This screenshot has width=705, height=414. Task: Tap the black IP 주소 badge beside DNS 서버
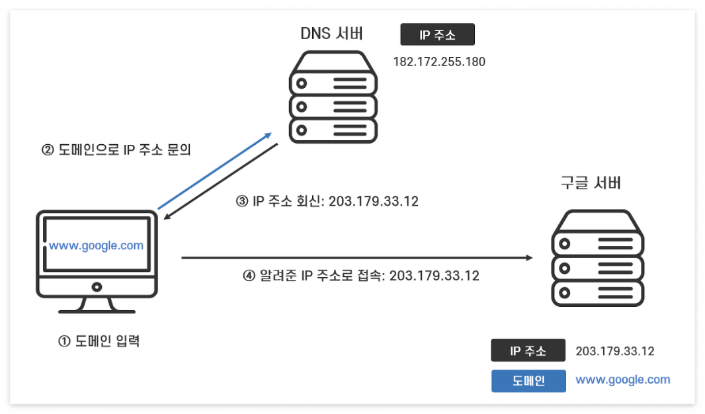click(437, 34)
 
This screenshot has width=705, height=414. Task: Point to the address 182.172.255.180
click(439, 62)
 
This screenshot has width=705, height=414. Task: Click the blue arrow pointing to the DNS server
click(215, 170)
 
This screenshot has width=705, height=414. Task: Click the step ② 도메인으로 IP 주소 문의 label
click(116, 150)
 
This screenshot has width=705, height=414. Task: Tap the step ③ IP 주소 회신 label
click(327, 201)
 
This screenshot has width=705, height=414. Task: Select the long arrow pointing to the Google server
click(357, 257)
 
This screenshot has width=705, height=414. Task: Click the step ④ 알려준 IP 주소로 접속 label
click(361, 276)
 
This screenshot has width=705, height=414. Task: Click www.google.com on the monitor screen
click(97, 245)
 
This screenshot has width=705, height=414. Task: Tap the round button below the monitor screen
click(97, 287)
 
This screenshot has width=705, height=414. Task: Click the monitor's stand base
click(97, 310)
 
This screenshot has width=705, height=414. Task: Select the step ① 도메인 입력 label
click(99, 342)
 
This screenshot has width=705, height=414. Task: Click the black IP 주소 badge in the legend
click(528, 351)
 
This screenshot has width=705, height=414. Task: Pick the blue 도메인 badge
click(528, 381)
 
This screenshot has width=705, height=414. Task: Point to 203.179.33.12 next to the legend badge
click(615, 351)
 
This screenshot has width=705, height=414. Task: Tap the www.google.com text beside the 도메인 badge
click(622, 380)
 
